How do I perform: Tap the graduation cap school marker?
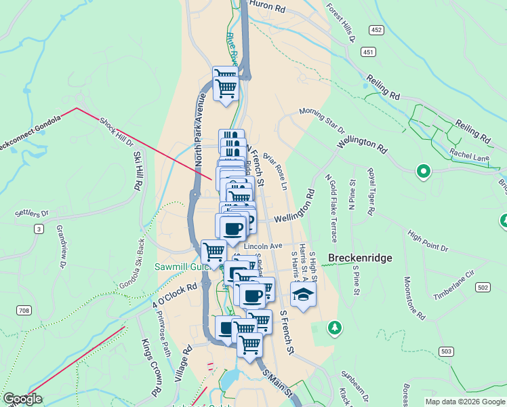click(303, 294)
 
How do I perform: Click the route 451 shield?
click(368, 52)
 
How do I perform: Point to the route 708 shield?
click(24, 310)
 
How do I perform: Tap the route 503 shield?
click(446, 351)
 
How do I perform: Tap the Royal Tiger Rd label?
click(371, 192)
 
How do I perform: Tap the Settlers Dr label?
click(33, 213)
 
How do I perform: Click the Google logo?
click(22, 399)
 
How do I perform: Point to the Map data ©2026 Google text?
click(464, 402)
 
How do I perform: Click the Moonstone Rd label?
click(413, 298)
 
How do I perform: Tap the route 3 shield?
click(39, 230)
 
